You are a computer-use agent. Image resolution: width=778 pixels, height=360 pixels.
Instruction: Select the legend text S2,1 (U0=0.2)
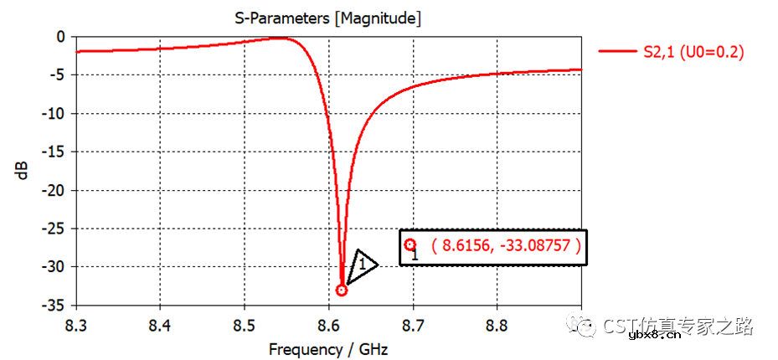[x=693, y=52]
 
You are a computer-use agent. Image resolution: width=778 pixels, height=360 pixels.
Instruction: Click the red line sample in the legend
[x=617, y=52]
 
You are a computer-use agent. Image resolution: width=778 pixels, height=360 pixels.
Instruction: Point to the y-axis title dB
[x=23, y=171]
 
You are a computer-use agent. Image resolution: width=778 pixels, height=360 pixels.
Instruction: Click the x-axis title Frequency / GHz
[x=328, y=348]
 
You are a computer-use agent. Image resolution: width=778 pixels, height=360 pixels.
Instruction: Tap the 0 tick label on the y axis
[x=59, y=37]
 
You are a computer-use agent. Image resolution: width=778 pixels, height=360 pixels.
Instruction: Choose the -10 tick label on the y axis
[x=54, y=114]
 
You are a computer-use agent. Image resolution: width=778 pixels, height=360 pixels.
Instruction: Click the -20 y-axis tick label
[x=54, y=190]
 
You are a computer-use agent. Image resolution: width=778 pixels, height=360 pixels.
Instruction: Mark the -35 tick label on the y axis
[x=54, y=305]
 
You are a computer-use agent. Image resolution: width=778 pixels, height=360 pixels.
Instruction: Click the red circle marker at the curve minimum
[x=342, y=290]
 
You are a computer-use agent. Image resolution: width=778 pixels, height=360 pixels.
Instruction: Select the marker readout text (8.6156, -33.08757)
[x=505, y=246]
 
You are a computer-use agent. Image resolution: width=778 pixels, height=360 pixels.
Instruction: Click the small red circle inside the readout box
[x=410, y=244]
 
